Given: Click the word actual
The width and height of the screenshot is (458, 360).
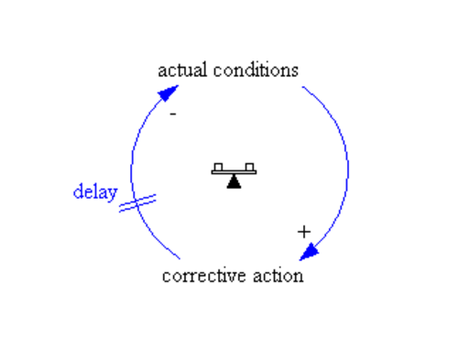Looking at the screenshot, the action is [x=182, y=70].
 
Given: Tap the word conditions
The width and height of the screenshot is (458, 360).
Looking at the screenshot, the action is [x=256, y=70].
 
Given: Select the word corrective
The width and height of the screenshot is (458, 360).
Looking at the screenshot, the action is [x=204, y=276].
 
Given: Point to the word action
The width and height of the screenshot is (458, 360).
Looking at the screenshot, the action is [x=278, y=276].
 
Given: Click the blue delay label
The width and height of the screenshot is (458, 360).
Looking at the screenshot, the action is [x=95, y=192].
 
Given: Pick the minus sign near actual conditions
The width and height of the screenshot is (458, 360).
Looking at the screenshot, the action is [x=173, y=114].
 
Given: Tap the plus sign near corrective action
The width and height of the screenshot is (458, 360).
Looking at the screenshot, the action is [x=304, y=232].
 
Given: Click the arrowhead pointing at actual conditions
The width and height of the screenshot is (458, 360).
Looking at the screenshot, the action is [x=169, y=93].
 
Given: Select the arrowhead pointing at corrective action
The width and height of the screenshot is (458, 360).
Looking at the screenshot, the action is [x=309, y=252].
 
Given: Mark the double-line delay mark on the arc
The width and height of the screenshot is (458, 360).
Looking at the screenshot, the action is [x=137, y=203].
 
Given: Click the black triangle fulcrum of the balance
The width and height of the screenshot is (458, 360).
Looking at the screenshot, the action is [x=234, y=181].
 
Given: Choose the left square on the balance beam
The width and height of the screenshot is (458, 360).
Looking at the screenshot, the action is [x=218, y=168].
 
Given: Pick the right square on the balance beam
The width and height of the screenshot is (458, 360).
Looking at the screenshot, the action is [x=249, y=168].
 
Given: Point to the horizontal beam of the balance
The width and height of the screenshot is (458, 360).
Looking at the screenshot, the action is [x=234, y=172].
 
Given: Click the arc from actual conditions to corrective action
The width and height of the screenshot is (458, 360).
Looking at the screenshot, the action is [x=347, y=167].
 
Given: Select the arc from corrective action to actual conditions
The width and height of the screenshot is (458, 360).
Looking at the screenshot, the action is [x=131, y=171].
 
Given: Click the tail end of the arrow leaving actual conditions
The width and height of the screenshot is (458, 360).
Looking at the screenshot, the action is [x=302, y=87].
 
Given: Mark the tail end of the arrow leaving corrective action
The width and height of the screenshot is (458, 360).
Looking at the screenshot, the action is [x=180, y=258].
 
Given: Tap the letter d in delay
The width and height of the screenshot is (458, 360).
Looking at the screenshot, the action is [x=78, y=191].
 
